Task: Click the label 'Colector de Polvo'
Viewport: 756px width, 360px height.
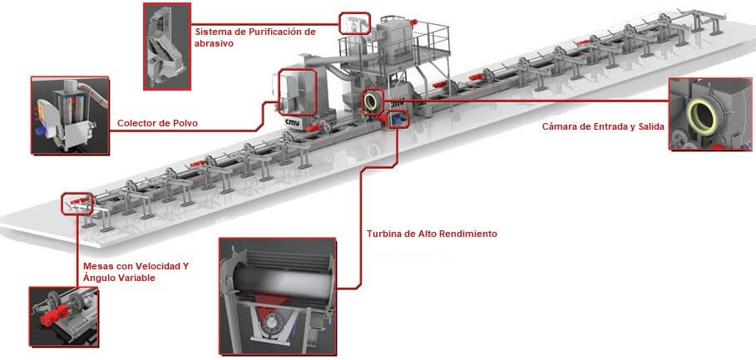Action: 157,124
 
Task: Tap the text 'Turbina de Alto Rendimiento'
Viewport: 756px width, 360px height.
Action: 432,234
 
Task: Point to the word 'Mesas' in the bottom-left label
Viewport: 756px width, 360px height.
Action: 99,266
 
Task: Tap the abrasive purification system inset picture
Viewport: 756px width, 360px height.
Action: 166,45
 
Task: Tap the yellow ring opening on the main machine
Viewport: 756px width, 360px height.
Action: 372,100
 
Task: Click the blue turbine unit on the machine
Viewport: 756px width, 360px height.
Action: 398,121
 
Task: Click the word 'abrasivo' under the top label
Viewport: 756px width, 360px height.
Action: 214,44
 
